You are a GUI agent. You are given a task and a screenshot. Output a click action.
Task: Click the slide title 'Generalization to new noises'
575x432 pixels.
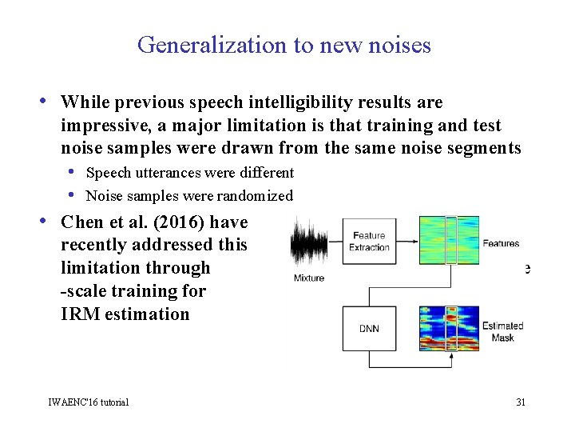[x=284, y=45]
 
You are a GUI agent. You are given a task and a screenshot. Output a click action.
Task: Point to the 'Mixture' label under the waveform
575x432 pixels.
[x=309, y=278]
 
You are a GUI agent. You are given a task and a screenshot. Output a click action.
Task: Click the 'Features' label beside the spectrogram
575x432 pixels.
[x=501, y=243]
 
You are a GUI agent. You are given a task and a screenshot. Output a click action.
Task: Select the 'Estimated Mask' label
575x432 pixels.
[x=502, y=331]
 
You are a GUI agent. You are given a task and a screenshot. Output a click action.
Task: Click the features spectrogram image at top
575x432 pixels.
[x=449, y=240]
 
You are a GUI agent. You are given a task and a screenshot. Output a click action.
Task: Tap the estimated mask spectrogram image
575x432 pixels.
[x=449, y=328]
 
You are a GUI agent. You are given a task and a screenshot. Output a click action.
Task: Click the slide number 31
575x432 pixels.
[x=520, y=402]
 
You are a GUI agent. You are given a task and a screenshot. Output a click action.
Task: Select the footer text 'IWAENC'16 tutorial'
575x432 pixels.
[x=88, y=402]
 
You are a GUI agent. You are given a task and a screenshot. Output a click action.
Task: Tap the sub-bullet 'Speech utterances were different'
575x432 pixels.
[x=189, y=173]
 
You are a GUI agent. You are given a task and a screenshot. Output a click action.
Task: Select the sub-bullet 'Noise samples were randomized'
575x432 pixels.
[x=188, y=196]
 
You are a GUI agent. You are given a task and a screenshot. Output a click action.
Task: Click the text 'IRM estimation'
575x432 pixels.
[x=125, y=314]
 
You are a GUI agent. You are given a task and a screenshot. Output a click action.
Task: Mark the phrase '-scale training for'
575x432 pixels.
[x=133, y=291]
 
